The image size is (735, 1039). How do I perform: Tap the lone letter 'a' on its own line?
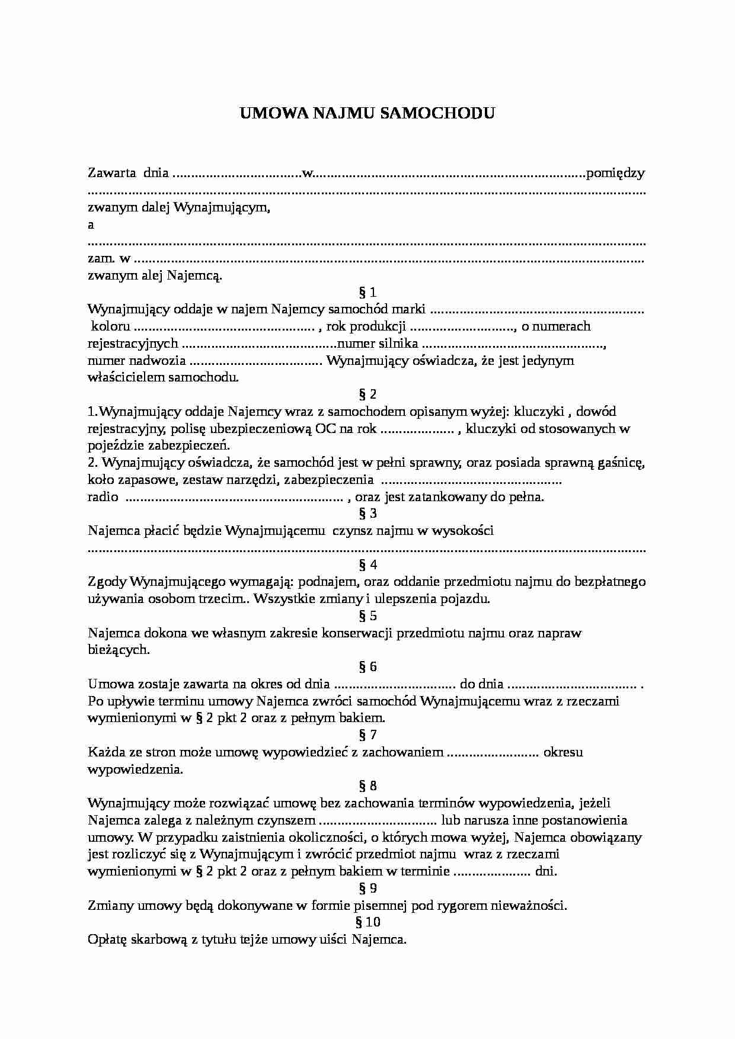(91, 225)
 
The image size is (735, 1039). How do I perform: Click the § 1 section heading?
(367, 292)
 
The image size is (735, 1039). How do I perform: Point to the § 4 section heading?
(367, 565)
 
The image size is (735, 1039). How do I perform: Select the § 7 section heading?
(367, 735)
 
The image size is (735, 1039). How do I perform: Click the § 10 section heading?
(367, 922)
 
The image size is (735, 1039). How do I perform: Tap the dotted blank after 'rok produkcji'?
(462, 326)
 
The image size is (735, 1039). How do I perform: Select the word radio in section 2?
(103, 497)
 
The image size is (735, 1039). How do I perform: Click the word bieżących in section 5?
(118, 650)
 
